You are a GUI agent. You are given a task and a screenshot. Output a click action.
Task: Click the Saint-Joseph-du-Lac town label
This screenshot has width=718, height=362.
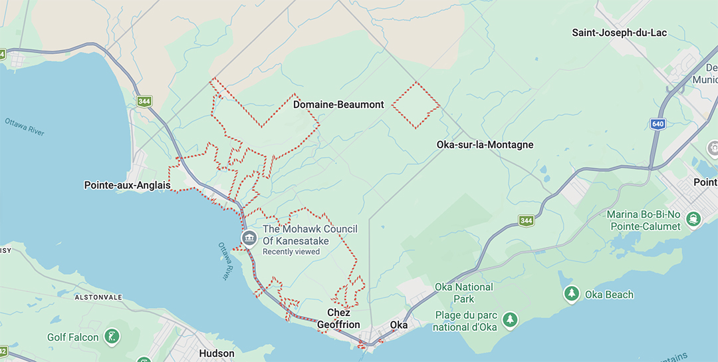[x=620, y=33]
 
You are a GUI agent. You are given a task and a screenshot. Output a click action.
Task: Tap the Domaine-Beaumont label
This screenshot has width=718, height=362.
[x=338, y=104]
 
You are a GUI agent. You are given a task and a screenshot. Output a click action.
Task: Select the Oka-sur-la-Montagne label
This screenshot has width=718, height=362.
[x=485, y=144]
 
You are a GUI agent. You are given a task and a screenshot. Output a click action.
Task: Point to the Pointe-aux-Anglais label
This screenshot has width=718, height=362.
[x=127, y=185]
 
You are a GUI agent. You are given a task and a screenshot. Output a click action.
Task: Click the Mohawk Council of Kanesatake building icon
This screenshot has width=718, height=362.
[x=249, y=238]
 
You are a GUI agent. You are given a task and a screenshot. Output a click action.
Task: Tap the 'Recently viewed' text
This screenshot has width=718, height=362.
[x=291, y=252]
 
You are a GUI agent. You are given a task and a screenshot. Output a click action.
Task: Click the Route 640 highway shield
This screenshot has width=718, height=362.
[x=658, y=124]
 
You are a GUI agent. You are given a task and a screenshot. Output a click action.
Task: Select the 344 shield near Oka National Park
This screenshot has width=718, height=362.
[x=527, y=220]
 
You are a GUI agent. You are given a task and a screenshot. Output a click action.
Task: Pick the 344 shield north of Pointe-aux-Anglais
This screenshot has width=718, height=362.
[x=144, y=102]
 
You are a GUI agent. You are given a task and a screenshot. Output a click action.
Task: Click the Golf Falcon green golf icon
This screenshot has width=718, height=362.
[x=113, y=336]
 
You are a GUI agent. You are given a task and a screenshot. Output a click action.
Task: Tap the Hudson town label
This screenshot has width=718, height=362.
[x=217, y=353]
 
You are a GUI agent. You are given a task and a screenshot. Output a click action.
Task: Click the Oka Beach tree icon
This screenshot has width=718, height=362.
[x=571, y=293]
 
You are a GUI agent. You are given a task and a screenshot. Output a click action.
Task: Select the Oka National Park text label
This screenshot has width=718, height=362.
[x=463, y=293]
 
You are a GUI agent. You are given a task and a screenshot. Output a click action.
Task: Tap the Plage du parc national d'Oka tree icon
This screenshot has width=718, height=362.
[x=510, y=320]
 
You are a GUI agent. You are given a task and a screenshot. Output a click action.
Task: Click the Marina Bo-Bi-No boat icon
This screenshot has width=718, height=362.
[x=694, y=218]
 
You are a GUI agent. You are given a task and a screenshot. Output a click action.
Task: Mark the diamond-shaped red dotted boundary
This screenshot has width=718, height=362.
[x=416, y=104]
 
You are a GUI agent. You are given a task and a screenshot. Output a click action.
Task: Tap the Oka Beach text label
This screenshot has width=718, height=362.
[x=609, y=294]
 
